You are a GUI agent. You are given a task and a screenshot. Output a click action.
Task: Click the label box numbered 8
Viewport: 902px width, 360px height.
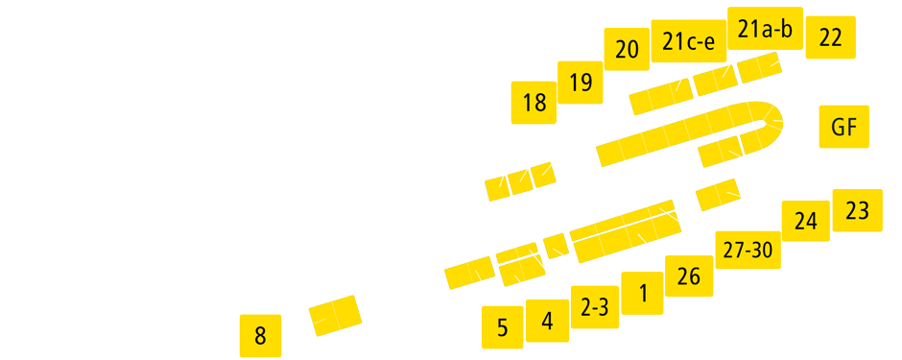point(260,335)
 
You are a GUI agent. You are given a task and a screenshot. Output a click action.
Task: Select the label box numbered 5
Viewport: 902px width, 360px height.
point(502,326)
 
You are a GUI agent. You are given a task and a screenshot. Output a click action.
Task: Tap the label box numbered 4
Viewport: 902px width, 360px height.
point(547,321)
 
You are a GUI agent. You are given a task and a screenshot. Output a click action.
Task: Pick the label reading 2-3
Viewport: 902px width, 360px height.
point(595,307)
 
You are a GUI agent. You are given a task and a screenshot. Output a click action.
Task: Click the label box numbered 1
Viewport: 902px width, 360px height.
point(642,293)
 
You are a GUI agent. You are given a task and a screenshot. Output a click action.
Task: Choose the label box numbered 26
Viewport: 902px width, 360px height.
point(689,276)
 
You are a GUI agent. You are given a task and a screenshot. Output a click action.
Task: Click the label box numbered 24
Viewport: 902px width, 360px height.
point(805,222)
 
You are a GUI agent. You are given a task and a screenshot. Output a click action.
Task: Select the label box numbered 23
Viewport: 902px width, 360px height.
point(857,210)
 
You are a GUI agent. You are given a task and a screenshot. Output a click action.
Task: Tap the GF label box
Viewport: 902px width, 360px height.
point(843,127)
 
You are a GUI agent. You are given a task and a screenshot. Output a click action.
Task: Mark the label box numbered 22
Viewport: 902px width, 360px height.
point(830,37)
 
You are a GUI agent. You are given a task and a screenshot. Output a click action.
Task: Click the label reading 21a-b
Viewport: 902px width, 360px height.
point(765,30)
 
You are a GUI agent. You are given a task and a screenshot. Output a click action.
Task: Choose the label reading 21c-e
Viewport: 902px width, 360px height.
point(688,41)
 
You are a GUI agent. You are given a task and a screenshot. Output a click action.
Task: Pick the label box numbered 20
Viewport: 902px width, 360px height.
point(627,51)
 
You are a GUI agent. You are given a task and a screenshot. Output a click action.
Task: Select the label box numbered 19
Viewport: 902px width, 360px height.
point(581,83)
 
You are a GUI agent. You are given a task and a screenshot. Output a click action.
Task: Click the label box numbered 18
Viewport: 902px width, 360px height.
point(534,103)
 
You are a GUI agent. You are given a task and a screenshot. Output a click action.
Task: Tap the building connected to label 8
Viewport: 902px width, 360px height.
point(335,315)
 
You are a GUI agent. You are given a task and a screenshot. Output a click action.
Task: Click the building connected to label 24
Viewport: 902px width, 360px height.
point(717,194)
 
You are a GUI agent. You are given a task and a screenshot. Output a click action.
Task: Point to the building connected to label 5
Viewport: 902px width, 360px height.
point(468,275)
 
